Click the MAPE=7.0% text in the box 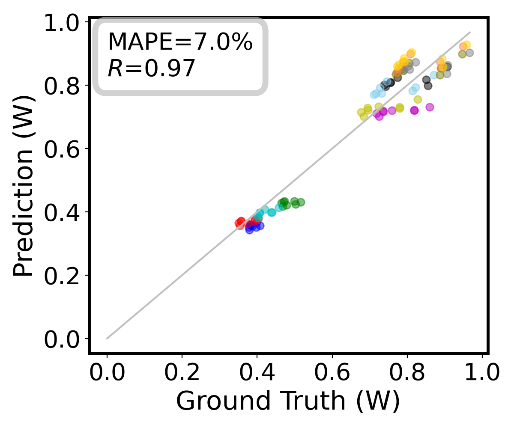pos(180,42)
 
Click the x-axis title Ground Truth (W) pos(288,401)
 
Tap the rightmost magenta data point pos(430,107)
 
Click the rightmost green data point pos(301,202)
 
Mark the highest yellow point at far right pos(466,45)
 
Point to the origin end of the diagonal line pos(107,339)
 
